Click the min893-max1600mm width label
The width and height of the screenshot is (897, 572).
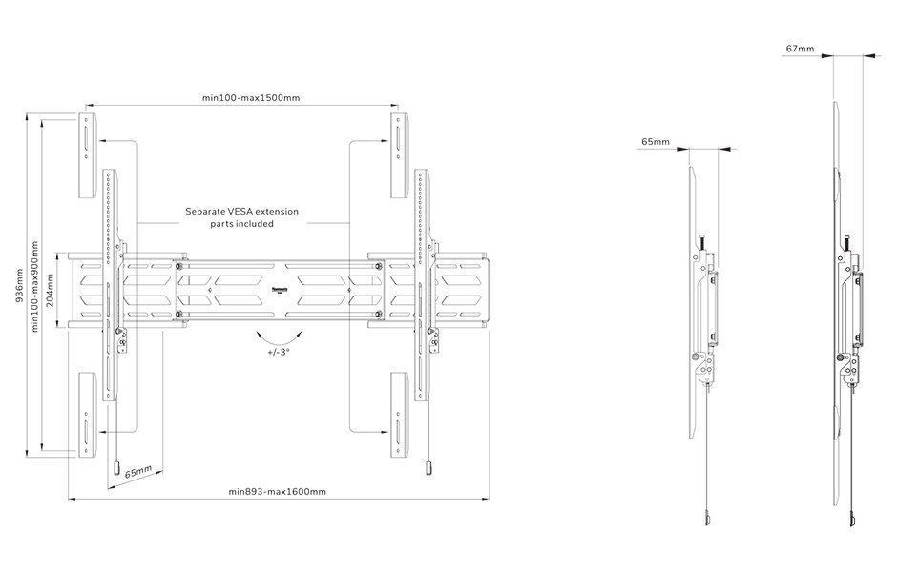point(277,491)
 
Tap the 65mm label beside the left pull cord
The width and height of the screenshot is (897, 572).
point(139,472)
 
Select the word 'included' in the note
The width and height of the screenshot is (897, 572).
point(255,224)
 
